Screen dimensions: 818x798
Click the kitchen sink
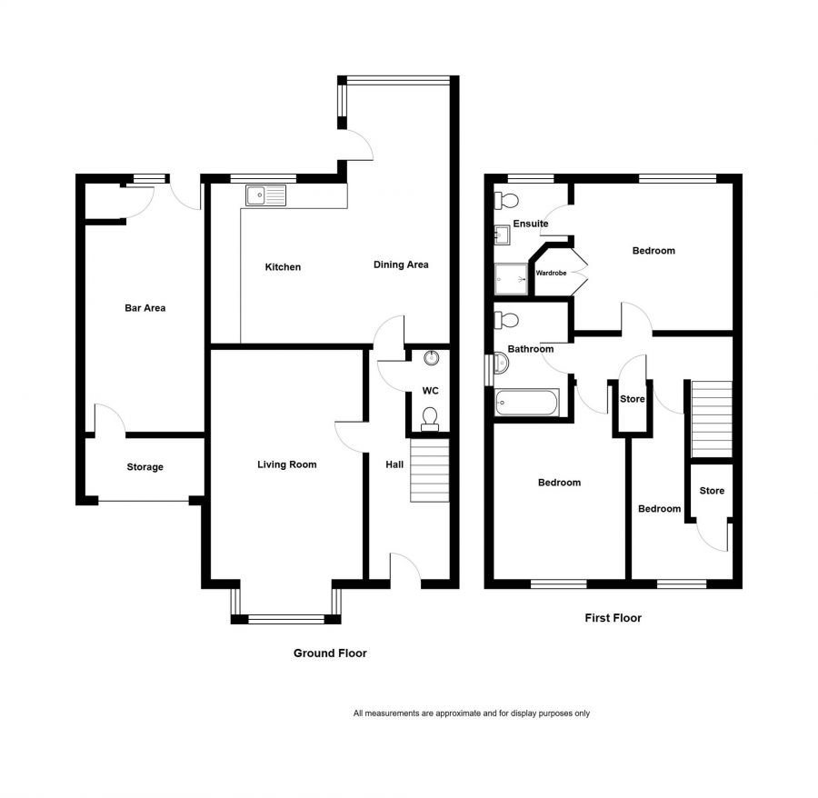click(x=266, y=195)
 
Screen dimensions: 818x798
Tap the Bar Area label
click(x=145, y=308)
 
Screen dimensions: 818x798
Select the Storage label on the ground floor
click(x=145, y=467)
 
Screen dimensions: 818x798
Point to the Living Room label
click(x=287, y=464)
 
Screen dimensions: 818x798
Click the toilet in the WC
click(x=430, y=419)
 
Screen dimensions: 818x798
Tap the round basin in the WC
click(x=432, y=358)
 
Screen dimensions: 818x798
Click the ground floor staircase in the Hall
click(x=430, y=470)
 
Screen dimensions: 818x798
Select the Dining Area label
click(x=401, y=264)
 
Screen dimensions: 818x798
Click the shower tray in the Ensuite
click(x=511, y=278)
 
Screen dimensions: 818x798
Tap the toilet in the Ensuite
click(x=506, y=200)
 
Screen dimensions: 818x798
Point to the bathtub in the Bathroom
click(x=527, y=403)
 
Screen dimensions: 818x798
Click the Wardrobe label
click(x=551, y=273)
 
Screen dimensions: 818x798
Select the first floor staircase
click(x=712, y=419)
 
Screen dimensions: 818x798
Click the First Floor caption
click(x=613, y=617)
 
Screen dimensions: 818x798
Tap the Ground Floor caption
click(x=330, y=653)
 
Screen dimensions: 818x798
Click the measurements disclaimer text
click(x=472, y=713)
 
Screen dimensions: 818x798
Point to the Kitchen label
click(x=283, y=267)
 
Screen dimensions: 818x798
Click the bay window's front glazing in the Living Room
click(x=286, y=619)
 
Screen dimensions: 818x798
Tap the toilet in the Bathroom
click(x=506, y=320)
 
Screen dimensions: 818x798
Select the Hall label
click(x=394, y=464)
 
